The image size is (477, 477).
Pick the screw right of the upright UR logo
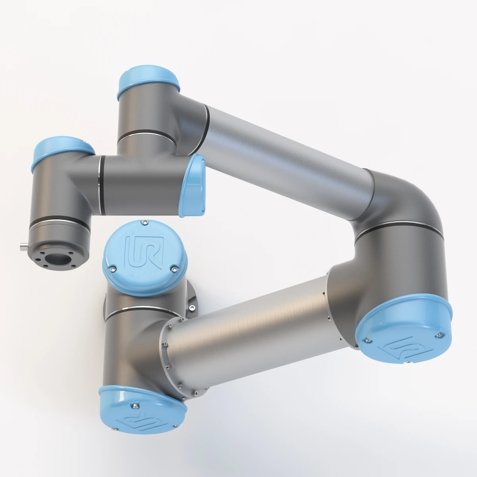[x=173, y=270]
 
